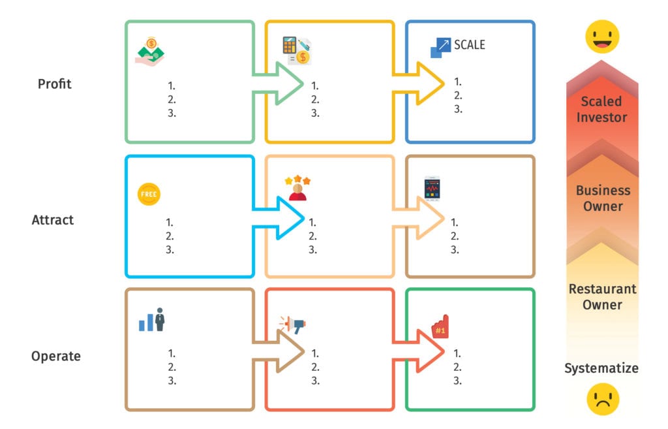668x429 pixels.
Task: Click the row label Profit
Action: (x=55, y=84)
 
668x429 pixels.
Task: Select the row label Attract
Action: (x=53, y=220)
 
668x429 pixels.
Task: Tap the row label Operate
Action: (x=56, y=356)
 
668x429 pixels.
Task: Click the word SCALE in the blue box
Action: (x=470, y=45)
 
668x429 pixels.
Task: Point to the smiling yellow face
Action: (x=601, y=37)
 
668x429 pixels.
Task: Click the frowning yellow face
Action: (x=602, y=398)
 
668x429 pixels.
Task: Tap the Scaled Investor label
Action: (x=601, y=110)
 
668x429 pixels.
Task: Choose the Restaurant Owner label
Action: (x=602, y=296)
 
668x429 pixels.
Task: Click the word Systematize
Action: (x=601, y=368)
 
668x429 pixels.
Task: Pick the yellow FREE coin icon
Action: (x=149, y=195)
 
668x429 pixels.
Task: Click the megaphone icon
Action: (x=293, y=324)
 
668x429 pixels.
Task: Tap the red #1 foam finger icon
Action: (x=440, y=327)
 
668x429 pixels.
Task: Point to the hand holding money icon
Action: (x=149, y=51)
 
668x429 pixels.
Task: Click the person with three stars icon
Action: (x=297, y=188)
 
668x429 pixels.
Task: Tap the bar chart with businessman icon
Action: (x=152, y=320)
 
